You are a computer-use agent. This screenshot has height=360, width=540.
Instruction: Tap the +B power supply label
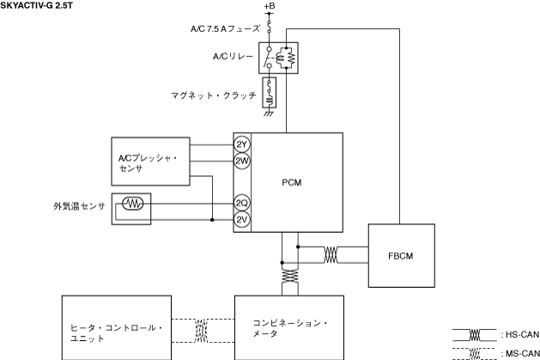(270, 7)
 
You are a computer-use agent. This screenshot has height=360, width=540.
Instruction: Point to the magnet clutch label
(213, 95)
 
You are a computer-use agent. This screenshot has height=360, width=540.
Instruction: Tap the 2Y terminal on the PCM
(242, 144)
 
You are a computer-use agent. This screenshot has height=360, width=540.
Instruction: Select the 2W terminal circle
(242, 159)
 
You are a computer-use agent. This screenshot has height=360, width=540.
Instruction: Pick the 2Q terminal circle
(242, 204)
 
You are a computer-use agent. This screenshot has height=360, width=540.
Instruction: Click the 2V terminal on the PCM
(242, 219)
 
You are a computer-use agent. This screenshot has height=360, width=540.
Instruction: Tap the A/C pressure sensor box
(151, 160)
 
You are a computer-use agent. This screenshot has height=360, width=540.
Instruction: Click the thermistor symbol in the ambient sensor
(134, 204)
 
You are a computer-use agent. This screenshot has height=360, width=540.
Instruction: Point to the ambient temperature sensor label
(78, 207)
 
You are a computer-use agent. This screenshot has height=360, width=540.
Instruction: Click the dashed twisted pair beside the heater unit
(203, 330)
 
